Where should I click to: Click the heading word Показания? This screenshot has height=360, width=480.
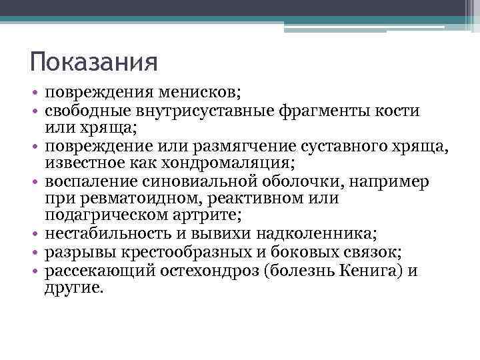pyautogui.click(x=93, y=63)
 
